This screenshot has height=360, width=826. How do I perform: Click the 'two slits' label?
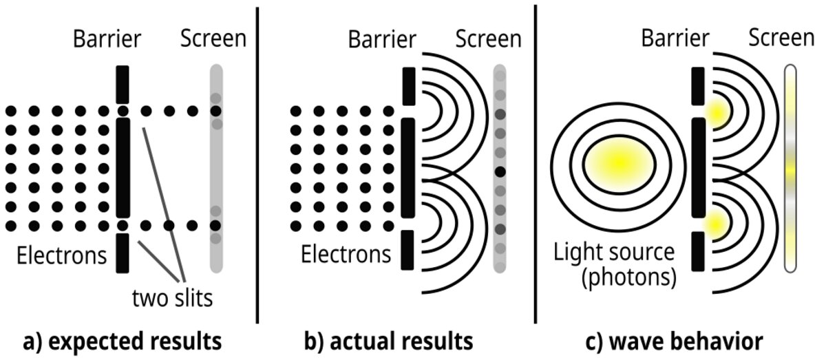(x=171, y=299)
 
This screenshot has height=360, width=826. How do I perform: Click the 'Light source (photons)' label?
(x=614, y=264)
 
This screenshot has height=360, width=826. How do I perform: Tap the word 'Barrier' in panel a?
(x=107, y=39)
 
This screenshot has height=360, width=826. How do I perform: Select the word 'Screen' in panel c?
(x=781, y=39)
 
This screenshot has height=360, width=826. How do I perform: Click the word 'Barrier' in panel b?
(x=383, y=39)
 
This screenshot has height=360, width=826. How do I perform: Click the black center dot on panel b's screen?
(x=500, y=171)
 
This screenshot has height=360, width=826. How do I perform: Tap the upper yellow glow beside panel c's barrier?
(x=716, y=112)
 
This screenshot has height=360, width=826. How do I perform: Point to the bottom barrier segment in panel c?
(x=697, y=250)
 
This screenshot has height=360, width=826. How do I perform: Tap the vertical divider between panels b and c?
(x=536, y=165)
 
